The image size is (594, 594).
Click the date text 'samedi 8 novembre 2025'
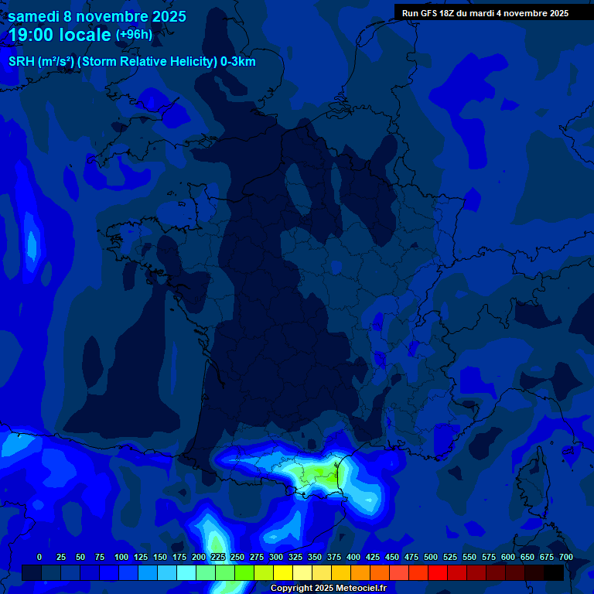[97, 15]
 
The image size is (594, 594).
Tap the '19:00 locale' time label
[60, 35]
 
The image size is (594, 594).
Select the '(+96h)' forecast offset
[134, 34]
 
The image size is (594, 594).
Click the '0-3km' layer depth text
[237, 62]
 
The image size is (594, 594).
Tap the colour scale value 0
[39, 557]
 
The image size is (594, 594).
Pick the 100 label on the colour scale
[121, 557]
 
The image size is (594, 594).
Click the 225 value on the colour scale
[217, 557]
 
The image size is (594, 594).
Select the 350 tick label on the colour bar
[315, 557]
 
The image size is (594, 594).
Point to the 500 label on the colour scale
[431, 557]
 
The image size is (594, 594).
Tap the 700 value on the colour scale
[566, 557]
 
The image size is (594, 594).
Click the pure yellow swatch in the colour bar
[283, 572]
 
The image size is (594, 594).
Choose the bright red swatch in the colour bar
[438, 572]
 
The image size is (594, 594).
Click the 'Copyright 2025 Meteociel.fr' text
[328, 588]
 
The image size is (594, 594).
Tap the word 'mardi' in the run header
[483, 13]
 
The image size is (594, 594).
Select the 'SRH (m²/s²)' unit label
[41, 62]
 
